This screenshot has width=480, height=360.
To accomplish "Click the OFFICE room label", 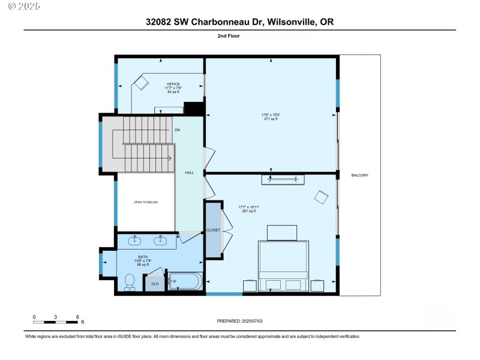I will click(x=173, y=84).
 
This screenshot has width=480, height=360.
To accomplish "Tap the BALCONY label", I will click(x=359, y=175).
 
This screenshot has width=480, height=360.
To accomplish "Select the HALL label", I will click(x=190, y=173).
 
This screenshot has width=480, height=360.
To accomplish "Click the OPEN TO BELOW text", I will click(x=146, y=203).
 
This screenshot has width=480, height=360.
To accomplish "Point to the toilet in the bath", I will click(x=130, y=283).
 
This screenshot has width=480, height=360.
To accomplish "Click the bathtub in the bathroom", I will click(x=186, y=281).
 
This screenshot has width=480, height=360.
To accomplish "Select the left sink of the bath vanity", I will click(x=135, y=241).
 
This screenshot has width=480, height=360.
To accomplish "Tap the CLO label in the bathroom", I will click(x=155, y=284).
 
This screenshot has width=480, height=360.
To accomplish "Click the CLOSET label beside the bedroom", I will click(x=213, y=230).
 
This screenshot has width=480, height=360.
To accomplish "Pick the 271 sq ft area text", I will click(x=271, y=119).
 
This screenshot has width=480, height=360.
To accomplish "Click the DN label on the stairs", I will click(x=177, y=130).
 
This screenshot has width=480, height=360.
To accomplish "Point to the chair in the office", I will click(x=141, y=83).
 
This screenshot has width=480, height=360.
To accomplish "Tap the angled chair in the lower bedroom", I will click(x=321, y=197).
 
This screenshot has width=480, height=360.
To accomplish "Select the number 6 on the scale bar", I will click(x=77, y=316).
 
